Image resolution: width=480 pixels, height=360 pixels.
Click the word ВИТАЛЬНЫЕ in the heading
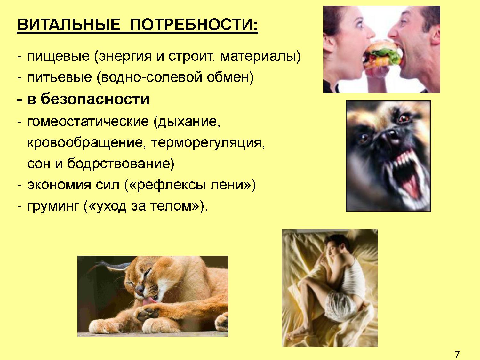click(x=69, y=24)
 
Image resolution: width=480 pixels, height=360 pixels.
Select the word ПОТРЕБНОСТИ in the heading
click(x=194, y=24)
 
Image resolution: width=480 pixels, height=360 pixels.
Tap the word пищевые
click(x=59, y=56)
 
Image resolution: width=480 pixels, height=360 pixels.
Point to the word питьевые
click(x=60, y=77)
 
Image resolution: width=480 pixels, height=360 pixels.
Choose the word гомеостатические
click(x=88, y=121)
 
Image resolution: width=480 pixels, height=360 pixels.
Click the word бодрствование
click(x=121, y=164)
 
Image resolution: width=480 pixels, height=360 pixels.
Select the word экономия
click(x=59, y=185)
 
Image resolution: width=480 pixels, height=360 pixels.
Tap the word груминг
click(x=53, y=206)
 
